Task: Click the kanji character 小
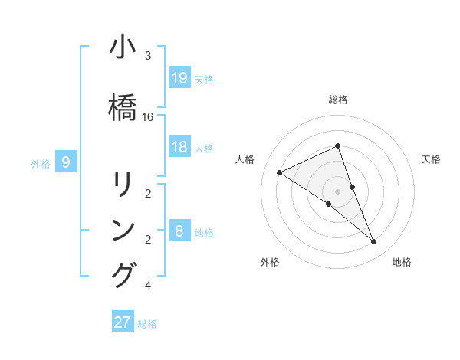tap(123, 48)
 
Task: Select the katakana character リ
tap(123, 185)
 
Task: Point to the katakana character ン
tap(123, 230)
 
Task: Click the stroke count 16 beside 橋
tap(148, 117)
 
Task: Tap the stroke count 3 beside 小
tap(148, 56)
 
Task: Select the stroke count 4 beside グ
tap(148, 286)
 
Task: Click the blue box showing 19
tap(179, 77)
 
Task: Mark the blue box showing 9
tap(66, 162)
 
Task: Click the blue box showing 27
tap(123, 322)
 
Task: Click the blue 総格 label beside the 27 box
tap(147, 324)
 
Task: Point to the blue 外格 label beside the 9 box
tap(41, 163)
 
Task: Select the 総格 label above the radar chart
tap(338, 100)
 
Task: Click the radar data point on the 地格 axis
tap(374, 242)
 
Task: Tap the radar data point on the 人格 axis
tap(279, 172)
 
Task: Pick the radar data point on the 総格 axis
tap(338, 146)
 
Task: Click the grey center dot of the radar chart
tap(338, 191)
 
